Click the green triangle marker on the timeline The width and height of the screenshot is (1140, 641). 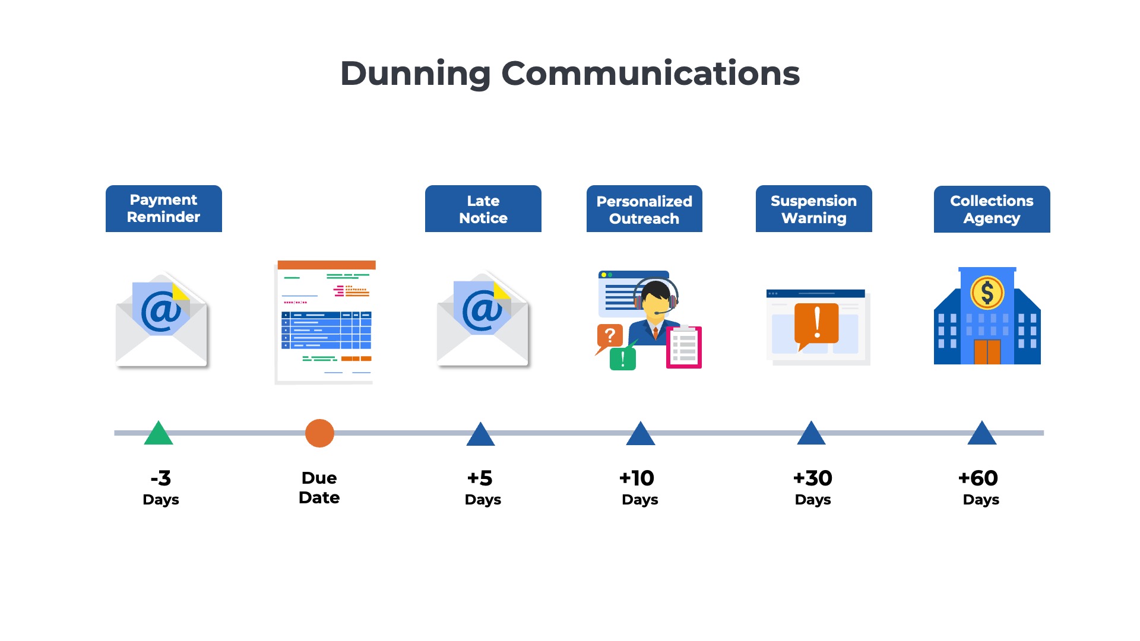tap(159, 434)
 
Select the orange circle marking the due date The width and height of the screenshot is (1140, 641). tap(319, 433)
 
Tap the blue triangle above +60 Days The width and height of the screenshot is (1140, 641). tap(981, 434)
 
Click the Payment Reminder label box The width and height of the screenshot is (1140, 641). tap(164, 208)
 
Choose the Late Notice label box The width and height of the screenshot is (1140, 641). tap(483, 209)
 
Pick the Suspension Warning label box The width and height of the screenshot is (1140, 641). tap(813, 209)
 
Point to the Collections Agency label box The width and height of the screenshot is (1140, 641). tap(992, 209)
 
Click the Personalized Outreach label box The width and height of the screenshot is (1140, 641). tap(644, 209)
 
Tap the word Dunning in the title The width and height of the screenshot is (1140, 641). tap(415, 74)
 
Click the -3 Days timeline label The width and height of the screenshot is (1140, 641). tap(161, 487)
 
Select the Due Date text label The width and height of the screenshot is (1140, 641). tap(319, 487)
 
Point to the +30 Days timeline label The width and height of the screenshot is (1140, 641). tap(813, 487)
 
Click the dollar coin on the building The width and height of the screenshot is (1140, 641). tap(987, 293)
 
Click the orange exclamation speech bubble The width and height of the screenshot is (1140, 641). tap(816, 324)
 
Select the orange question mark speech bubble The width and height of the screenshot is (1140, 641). tap(609, 337)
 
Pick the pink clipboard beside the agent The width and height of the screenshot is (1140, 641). tap(684, 347)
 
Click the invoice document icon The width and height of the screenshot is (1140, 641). tap(325, 322)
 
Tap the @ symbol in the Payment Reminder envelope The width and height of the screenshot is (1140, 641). tap(161, 311)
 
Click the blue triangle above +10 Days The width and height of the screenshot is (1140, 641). tap(640, 434)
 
